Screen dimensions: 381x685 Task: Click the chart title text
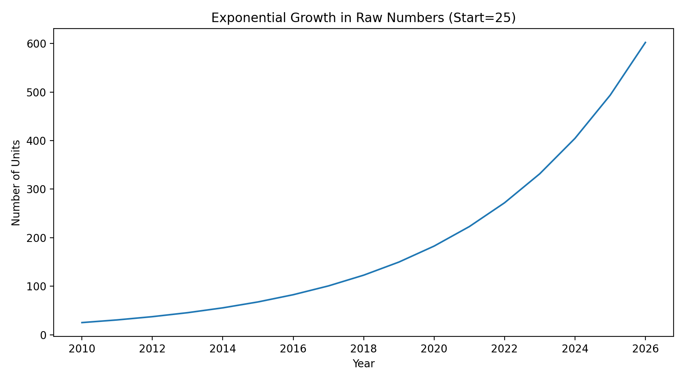click(x=363, y=18)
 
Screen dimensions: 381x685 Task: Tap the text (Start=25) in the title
click(x=482, y=18)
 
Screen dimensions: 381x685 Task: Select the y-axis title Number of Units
click(x=16, y=183)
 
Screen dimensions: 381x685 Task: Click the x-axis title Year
click(x=363, y=364)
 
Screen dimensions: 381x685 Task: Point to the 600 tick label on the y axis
click(x=39, y=44)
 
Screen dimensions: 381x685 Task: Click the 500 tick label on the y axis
click(x=39, y=93)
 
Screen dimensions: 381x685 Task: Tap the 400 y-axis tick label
click(x=39, y=141)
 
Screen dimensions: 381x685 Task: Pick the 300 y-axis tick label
click(x=39, y=189)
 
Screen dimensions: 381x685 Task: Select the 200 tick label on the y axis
click(x=39, y=238)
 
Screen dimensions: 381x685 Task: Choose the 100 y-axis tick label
click(x=39, y=287)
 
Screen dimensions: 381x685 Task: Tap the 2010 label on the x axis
click(x=81, y=349)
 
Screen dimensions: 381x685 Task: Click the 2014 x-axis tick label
click(x=223, y=349)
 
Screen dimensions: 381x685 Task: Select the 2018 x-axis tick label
click(x=363, y=349)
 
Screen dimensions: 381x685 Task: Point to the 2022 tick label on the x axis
click(x=504, y=349)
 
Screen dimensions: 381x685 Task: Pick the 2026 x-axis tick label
click(x=645, y=349)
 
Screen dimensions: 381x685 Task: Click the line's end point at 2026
click(x=645, y=42)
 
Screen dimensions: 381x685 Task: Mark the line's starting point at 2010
click(x=82, y=323)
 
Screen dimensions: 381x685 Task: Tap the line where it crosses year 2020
click(x=434, y=246)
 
